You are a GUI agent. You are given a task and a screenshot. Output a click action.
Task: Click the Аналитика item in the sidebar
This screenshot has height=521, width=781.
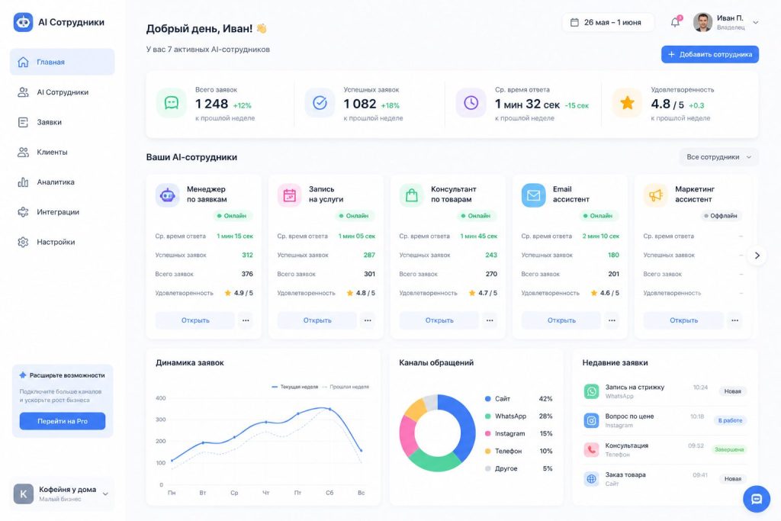(x=55, y=182)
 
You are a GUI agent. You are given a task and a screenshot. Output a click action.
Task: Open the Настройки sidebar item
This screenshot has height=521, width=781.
(x=55, y=242)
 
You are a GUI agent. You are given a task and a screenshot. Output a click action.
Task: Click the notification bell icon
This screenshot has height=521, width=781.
(x=675, y=22)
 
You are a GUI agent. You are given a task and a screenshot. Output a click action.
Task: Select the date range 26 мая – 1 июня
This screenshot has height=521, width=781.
(x=608, y=22)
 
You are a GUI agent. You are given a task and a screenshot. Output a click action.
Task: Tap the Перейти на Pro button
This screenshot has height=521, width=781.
(x=63, y=421)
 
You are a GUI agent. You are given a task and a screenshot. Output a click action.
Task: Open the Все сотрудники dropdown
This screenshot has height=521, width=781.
(x=718, y=157)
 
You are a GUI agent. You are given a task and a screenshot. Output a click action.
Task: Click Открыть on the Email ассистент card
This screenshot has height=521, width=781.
(x=561, y=320)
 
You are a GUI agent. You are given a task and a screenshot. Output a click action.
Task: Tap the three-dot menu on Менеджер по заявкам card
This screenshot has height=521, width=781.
(x=246, y=320)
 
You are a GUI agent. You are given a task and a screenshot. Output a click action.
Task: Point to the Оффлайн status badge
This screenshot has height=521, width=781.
(x=720, y=216)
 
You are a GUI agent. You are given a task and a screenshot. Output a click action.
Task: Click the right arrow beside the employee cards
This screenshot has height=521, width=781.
(x=757, y=256)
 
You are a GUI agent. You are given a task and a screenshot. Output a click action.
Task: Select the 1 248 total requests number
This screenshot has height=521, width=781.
(x=212, y=104)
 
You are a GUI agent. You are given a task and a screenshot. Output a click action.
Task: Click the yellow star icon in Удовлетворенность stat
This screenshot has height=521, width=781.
(x=627, y=103)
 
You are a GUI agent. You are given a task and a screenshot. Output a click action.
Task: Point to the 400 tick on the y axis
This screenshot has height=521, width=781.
(x=160, y=398)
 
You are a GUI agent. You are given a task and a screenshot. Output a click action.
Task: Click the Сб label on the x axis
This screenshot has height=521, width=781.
(x=329, y=493)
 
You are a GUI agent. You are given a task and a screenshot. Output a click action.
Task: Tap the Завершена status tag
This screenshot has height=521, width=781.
(x=729, y=449)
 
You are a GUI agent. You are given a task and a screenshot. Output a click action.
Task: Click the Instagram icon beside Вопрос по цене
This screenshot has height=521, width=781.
(x=591, y=420)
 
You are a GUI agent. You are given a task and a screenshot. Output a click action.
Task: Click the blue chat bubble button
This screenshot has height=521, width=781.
(x=757, y=499)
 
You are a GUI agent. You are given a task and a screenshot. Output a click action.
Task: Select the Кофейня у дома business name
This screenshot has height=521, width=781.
(x=68, y=489)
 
